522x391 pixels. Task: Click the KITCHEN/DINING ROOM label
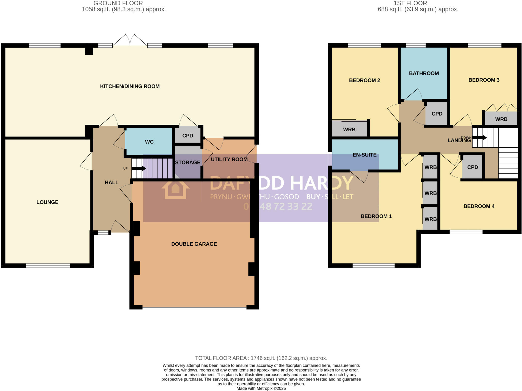tap(130, 86)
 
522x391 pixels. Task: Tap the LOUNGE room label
tap(47, 202)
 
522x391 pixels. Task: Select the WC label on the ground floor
tap(149, 142)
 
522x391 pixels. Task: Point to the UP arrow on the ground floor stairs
tap(138, 169)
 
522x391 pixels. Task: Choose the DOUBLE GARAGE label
tap(194, 244)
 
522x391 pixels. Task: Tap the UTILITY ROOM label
tap(229, 159)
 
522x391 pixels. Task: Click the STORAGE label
tap(188, 162)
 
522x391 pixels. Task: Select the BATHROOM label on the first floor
tap(424, 73)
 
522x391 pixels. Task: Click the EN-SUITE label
tap(364, 155)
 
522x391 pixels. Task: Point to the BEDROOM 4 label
tap(479, 206)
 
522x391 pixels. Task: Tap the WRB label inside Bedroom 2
tap(349, 130)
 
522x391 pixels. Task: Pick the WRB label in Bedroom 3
tap(501, 119)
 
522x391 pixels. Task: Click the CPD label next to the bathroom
tap(437, 114)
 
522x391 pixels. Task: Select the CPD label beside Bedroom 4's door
tap(473, 167)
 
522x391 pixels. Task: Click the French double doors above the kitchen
tap(130, 40)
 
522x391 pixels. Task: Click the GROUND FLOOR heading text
tap(118, 3)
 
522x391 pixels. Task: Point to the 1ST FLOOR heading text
tap(410, 3)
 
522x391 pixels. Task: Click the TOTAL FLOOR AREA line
tap(261, 358)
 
